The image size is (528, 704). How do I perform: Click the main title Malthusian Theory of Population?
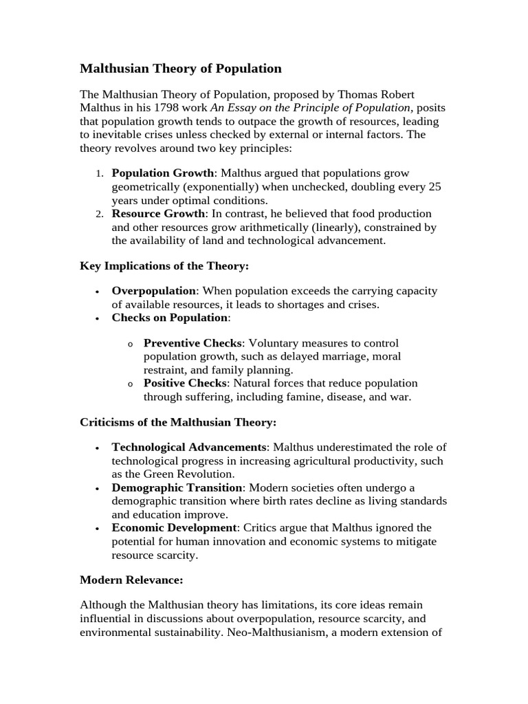(x=181, y=69)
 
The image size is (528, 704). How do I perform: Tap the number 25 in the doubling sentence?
(x=434, y=187)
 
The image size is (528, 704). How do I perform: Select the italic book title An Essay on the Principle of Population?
(x=311, y=107)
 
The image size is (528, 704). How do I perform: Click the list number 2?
(x=99, y=214)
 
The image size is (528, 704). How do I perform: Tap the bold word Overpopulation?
(x=154, y=291)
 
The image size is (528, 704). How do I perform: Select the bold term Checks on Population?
(x=170, y=318)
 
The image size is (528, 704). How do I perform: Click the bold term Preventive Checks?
(x=192, y=343)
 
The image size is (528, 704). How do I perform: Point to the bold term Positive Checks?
(x=185, y=383)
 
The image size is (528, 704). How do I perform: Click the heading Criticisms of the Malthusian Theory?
(x=178, y=421)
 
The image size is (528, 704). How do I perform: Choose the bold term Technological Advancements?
(x=189, y=448)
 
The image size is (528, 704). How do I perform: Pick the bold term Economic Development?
(x=174, y=528)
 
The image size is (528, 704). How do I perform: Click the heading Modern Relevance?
(x=131, y=580)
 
